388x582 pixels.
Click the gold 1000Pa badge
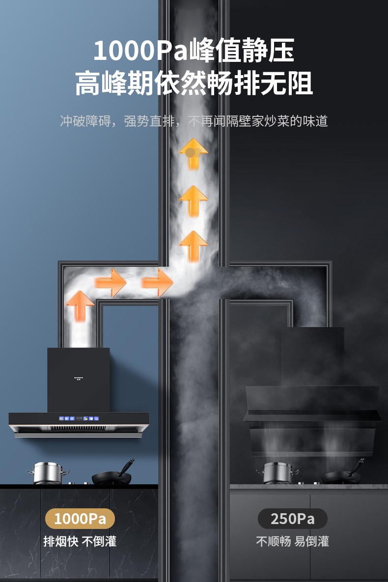click(x=80, y=519)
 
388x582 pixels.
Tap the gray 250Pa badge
click(x=292, y=519)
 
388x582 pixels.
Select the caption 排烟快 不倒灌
click(x=80, y=542)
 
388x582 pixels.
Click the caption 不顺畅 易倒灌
click(x=292, y=542)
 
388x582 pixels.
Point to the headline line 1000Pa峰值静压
click(x=194, y=51)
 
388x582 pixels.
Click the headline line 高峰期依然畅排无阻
click(x=194, y=84)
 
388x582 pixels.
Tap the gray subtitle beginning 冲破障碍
click(x=194, y=121)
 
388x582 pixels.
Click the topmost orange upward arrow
click(x=193, y=154)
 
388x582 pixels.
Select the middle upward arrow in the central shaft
click(x=193, y=200)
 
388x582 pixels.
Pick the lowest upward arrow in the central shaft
click(x=193, y=246)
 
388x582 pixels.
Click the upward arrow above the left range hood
click(x=80, y=306)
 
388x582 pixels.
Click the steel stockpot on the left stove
click(x=48, y=472)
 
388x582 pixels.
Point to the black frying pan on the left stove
click(x=108, y=476)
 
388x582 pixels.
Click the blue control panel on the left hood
click(x=79, y=419)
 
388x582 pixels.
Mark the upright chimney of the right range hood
click(x=312, y=356)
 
